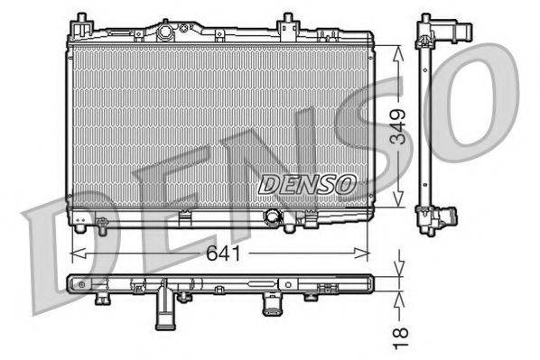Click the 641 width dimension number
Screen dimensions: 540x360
click(224, 254)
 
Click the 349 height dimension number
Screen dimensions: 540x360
click(398, 126)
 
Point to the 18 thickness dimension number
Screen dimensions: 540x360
click(400, 338)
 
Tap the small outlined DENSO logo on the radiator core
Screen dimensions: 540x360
click(307, 184)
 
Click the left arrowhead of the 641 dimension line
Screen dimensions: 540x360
click(78, 254)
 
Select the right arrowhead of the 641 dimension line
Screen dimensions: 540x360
click(362, 254)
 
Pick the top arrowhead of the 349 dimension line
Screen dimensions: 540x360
click(398, 54)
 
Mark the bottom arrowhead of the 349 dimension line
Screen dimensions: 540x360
click(398, 198)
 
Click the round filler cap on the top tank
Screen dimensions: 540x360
click(165, 32)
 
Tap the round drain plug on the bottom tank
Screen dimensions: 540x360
click(273, 217)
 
